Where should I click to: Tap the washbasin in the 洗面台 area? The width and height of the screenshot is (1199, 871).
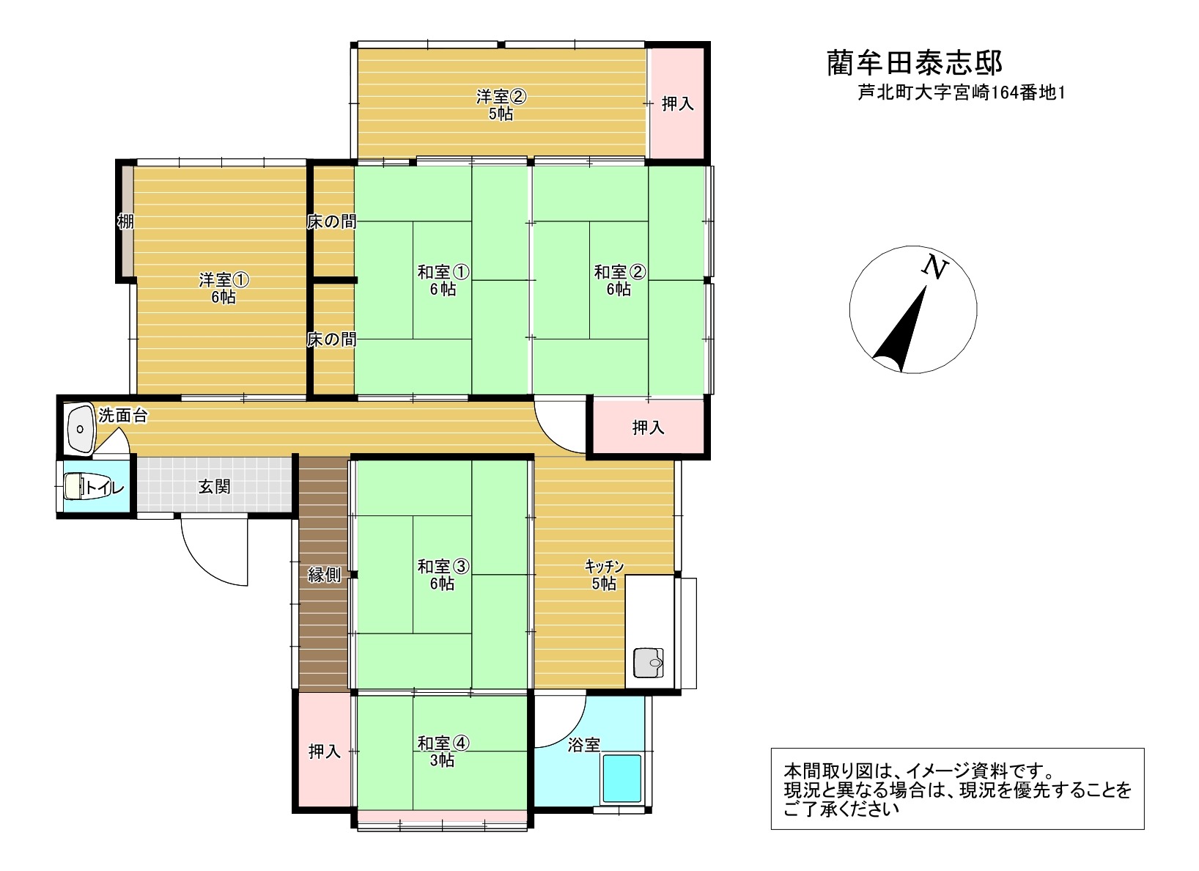coord(80,429)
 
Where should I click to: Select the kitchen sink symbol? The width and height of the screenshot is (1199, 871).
coord(648,663)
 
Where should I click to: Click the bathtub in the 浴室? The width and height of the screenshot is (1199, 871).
coord(622,779)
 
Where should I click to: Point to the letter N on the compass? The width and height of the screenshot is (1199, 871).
coord(934,267)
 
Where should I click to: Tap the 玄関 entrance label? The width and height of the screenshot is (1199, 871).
coord(214,487)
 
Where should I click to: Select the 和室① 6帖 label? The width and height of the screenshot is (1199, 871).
coord(443,281)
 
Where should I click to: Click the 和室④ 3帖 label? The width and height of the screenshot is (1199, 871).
coord(443,751)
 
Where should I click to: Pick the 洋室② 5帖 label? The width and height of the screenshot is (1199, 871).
coord(501,105)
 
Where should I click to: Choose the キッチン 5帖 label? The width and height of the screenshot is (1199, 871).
coord(604,575)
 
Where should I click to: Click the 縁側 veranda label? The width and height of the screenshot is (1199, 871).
coord(324,575)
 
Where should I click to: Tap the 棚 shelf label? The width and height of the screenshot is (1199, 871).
coord(126,221)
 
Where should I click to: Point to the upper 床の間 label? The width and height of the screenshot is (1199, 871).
coord(331,221)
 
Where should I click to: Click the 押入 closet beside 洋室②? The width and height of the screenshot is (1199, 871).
coord(678,103)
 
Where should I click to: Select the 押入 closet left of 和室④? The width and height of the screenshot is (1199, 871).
coord(325,751)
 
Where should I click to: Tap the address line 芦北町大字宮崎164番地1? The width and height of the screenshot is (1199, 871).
coord(962,93)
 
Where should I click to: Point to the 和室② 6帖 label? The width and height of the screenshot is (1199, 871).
coord(620,281)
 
